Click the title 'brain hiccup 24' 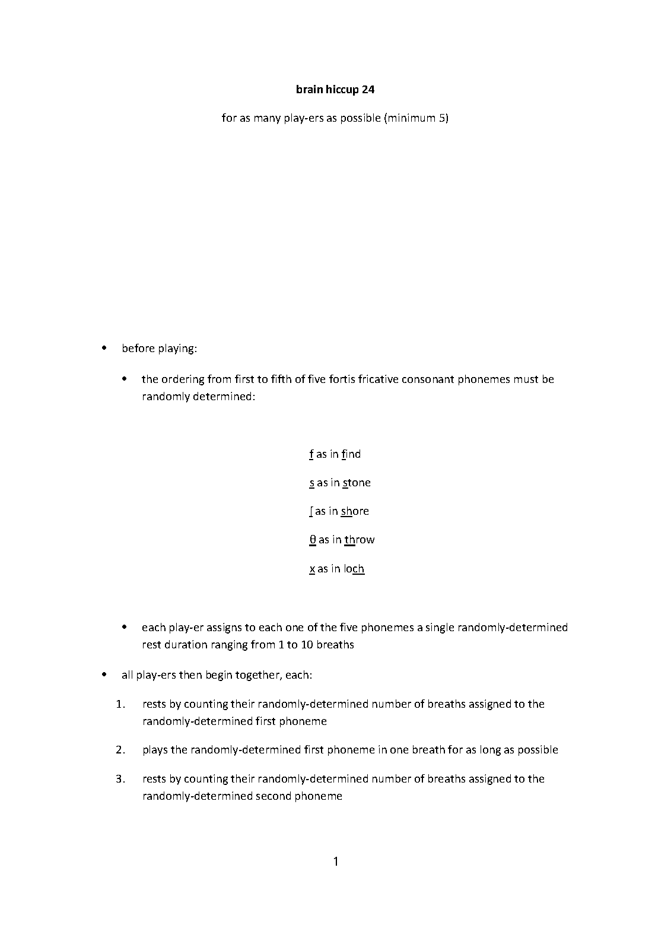pos(335,90)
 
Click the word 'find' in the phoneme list pos(351,454)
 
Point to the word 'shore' pos(355,511)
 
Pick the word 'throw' pos(360,540)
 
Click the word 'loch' pos(354,569)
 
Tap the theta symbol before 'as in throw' pos(313,540)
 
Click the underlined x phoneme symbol pos(312,569)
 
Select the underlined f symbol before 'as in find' pos(311,454)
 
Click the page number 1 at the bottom pos(336,861)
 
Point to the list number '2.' pos(120,750)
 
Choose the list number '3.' pos(120,779)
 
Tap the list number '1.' pos(120,704)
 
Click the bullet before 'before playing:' pos(105,348)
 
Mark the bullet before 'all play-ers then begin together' pos(105,675)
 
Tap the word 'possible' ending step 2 pos(538,750)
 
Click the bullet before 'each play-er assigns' pos(125,627)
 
